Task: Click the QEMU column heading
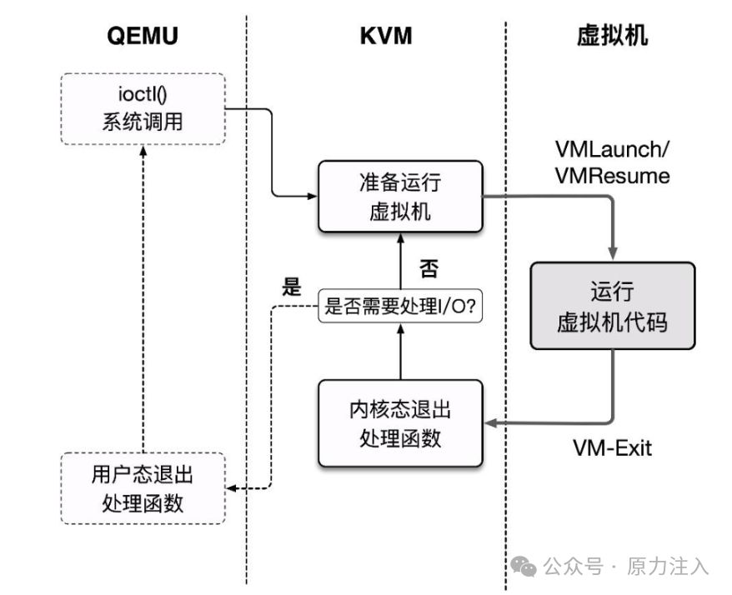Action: pos(143,35)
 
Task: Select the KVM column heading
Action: pos(386,35)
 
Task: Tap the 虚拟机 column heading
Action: pos(613,35)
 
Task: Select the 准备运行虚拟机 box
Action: pos(400,197)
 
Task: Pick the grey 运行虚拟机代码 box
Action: pos(613,306)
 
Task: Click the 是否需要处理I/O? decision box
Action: pos(400,307)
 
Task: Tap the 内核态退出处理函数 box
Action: pos(400,422)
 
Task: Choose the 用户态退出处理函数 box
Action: pos(143,488)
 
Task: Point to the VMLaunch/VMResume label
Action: pos(613,162)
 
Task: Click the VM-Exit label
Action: pos(612,447)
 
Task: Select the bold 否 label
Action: pos(429,268)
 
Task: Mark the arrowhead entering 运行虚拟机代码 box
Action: pos(614,254)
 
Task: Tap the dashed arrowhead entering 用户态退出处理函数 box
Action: pos(233,488)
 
